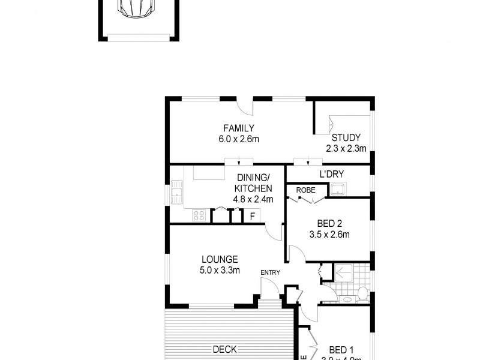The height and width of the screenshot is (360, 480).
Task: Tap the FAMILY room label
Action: (239, 128)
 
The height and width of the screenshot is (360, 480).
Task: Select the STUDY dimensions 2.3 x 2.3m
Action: (346, 148)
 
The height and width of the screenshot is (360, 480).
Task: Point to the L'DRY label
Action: (331, 174)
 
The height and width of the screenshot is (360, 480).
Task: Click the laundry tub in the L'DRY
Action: (338, 190)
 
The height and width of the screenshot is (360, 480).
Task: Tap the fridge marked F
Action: (253, 215)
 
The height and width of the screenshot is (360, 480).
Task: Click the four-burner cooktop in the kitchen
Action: (199, 215)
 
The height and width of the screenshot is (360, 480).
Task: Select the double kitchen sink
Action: (176, 194)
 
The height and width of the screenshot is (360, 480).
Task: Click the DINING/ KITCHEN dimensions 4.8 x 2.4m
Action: (253, 199)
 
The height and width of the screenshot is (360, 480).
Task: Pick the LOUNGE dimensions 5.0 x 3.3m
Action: (220, 270)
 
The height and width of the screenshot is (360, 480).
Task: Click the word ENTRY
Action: (270, 273)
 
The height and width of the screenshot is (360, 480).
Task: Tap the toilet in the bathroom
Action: (362, 294)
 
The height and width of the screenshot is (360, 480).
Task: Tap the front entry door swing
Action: (271, 290)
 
